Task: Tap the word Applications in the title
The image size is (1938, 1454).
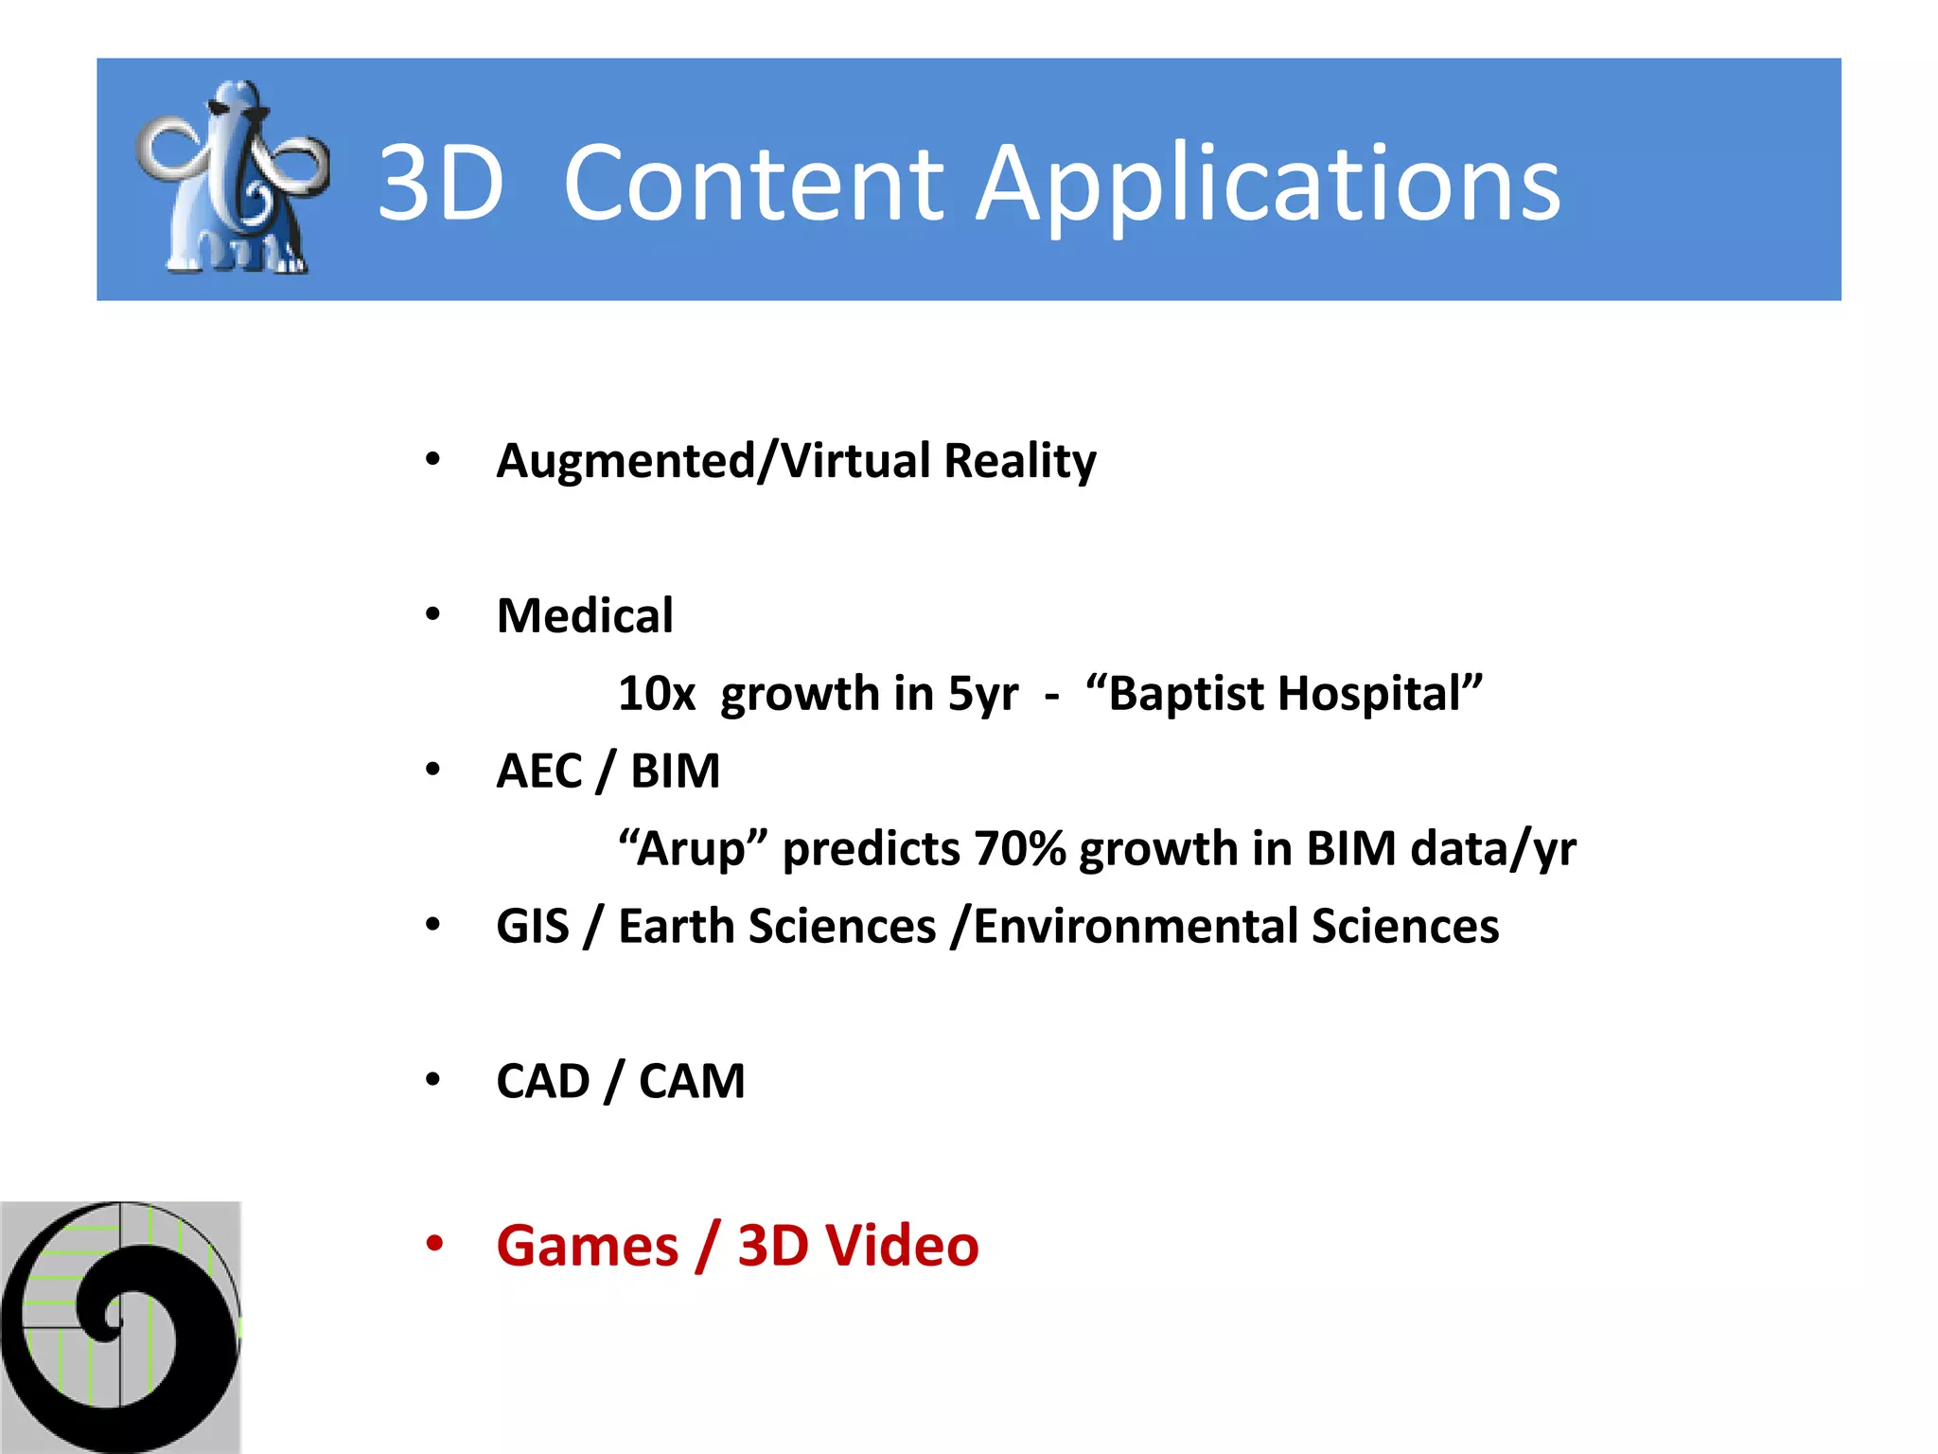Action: coord(1267,184)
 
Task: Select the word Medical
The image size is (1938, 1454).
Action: coord(585,616)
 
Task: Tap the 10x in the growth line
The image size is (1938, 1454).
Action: coord(656,694)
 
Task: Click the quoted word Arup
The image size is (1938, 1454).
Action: coord(693,849)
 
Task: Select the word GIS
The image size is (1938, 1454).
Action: coord(533,927)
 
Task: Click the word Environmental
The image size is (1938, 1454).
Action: coord(1134,927)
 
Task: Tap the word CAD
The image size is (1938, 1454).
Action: coord(542,1082)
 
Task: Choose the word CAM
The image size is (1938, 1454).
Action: coord(692,1082)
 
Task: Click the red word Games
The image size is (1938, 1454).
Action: coord(587,1246)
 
